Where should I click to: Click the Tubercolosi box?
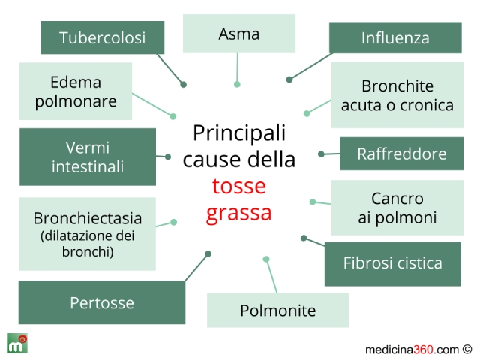(x=102, y=37)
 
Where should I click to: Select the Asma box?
(x=239, y=34)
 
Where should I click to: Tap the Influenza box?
(x=395, y=37)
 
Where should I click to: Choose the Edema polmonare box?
(x=76, y=91)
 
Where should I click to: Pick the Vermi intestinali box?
(x=88, y=157)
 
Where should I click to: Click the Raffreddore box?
(x=401, y=154)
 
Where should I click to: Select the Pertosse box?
(x=102, y=303)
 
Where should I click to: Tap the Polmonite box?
(x=277, y=310)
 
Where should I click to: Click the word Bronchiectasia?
(x=88, y=218)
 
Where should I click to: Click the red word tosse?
(x=239, y=186)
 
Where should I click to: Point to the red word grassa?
(x=239, y=212)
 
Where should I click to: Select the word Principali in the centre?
(x=239, y=133)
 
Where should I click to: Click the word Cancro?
(x=397, y=199)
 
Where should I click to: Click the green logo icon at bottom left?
(x=17, y=343)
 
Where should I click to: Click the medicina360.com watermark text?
(x=412, y=349)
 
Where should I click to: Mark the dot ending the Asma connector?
(x=237, y=84)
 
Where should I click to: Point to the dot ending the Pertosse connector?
(x=208, y=253)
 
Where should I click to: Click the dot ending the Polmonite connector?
(x=266, y=259)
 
